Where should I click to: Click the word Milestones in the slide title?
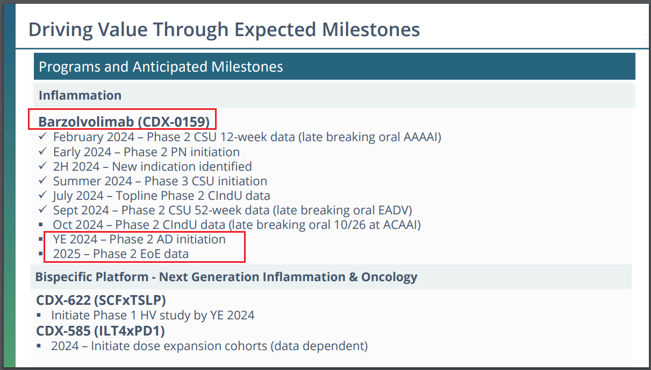pyautogui.click(x=371, y=30)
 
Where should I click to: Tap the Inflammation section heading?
pyautogui.click(x=80, y=95)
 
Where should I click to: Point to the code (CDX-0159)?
pyautogui.click(x=174, y=122)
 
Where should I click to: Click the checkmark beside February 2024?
pyautogui.click(x=42, y=136)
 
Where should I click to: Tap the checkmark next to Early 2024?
pyautogui.click(x=42, y=151)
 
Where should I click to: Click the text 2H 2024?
pyautogui.click(x=76, y=167)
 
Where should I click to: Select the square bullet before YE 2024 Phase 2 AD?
pyautogui.click(x=41, y=239)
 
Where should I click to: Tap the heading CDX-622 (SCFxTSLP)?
pyautogui.click(x=101, y=300)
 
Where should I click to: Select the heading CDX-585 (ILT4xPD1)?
pyautogui.click(x=101, y=331)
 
